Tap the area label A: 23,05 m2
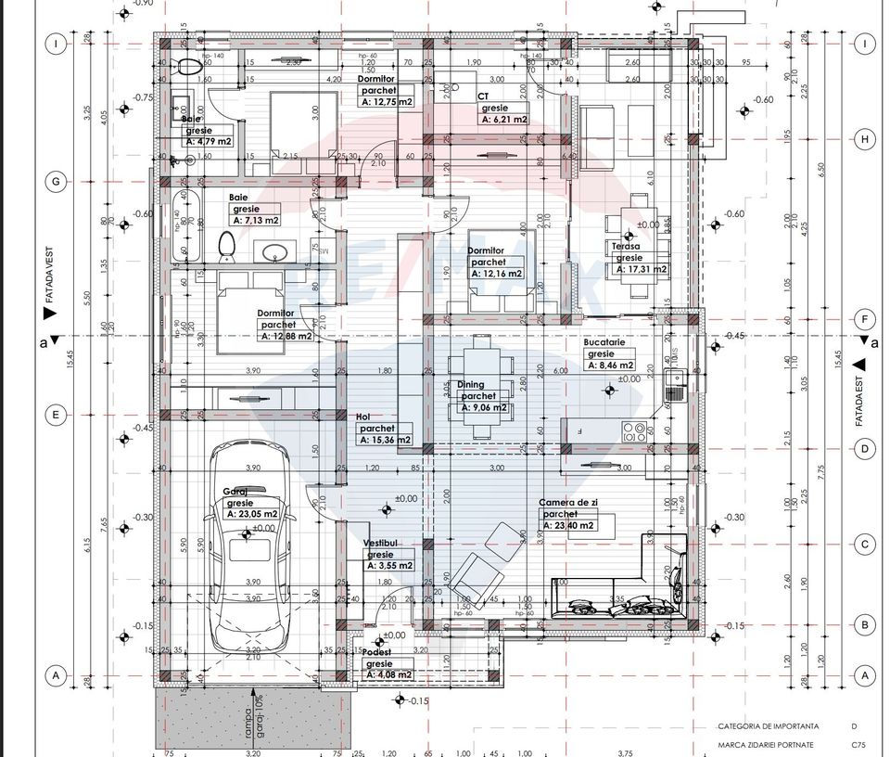click(x=253, y=513)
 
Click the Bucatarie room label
click(x=604, y=342)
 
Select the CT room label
click(x=483, y=96)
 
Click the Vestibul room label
click(x=381, y=542)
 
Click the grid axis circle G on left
click(x=56, y=182)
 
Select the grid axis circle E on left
click(x=56, y=415)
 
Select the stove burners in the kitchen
click(x=635, y=430)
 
